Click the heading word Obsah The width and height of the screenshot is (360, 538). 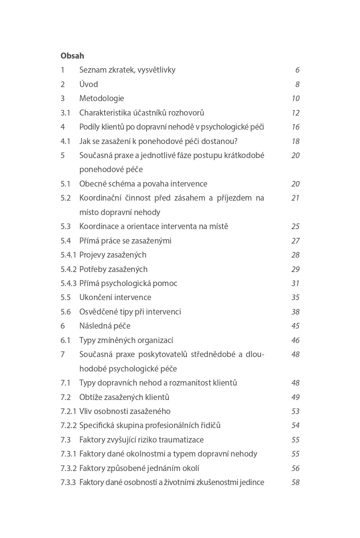click(72, 56)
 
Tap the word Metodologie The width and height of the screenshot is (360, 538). click(101, 98)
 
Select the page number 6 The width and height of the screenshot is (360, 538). click(297, 70)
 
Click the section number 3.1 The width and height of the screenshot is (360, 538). click(65, 113)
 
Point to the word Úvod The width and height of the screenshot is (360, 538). click(89, 84)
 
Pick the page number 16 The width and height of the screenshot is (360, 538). click(295, 127)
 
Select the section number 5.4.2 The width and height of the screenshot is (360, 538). click(68, 269)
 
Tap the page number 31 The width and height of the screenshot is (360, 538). click(295, 283)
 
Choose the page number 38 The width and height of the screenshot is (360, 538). click(295, 312)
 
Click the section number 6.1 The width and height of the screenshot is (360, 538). click(65, 340)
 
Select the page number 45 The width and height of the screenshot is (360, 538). click(295, 326)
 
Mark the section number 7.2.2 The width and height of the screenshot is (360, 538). click(68, 425)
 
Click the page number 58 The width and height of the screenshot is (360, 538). click(295, 482)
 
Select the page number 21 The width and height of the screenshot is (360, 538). click(295, 198)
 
